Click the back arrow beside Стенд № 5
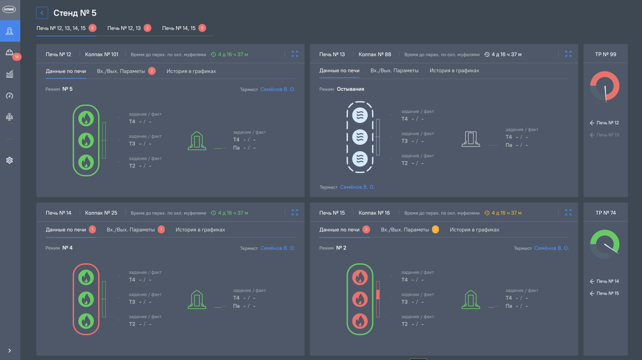click(42, 13)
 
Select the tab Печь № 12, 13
click(124, 28)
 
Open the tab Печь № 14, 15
click(178, 28)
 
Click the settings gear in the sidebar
click(9, 160)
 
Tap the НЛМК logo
click(9, 9)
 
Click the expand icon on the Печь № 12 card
click(295, 54)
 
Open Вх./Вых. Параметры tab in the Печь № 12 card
click(121, 71)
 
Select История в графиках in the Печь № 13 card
click(454, 71)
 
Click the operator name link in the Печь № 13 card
click(357, 187)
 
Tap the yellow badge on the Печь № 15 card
click(435, 230)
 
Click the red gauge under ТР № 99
click(605, 86)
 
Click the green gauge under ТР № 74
click(605, 244)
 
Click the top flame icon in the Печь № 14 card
click(86, 277)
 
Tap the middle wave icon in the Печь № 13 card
click(360, 137)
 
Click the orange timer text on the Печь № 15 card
click(507, 213)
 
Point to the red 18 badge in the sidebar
click(17, 57)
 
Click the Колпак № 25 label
click(101, 213)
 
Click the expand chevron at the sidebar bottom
click(9, 351)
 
